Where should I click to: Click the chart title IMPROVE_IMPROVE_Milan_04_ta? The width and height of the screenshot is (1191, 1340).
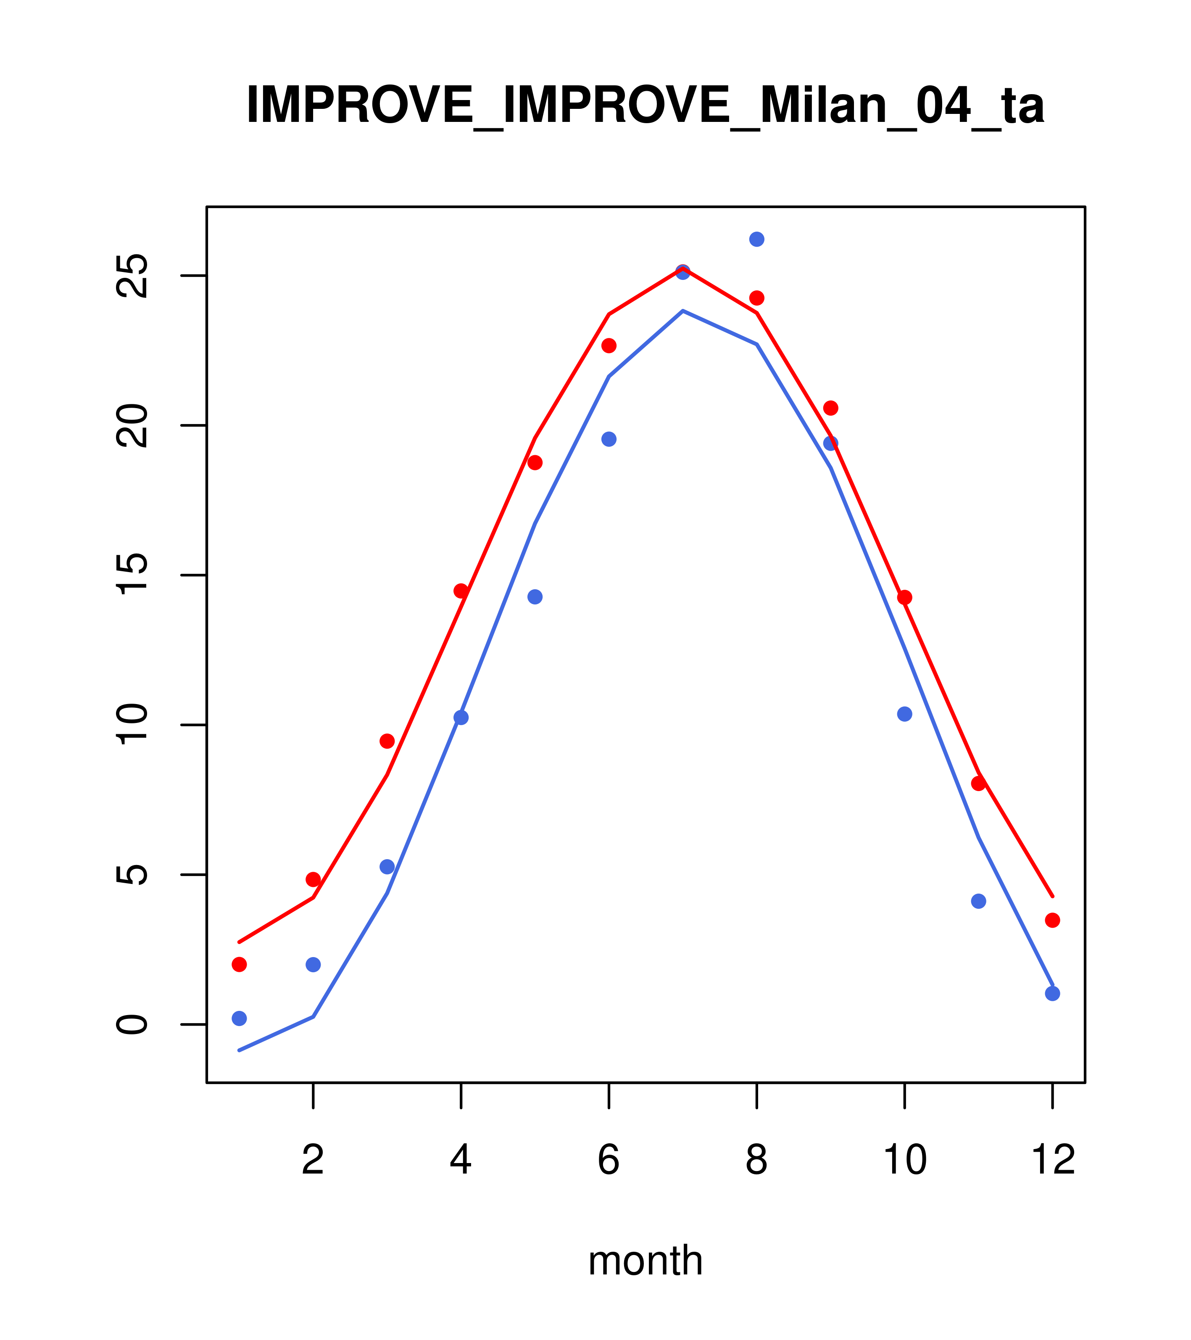tap(645, 106)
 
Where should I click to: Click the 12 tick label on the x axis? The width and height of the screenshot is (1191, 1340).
tap(1053, 1161)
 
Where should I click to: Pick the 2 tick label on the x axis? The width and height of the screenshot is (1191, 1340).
tap(314, 1161)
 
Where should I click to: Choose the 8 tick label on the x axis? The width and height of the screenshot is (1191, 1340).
tap(756, 1161)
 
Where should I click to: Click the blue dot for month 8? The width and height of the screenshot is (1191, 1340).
tap(756, 239)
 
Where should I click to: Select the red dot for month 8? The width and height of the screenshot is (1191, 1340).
tap(756, 298)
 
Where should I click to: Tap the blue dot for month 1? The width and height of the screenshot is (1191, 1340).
tap(239, 1018)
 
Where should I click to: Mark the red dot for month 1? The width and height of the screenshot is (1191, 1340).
tap(239, 964)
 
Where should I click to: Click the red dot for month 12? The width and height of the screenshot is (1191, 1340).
tap(1053, 921)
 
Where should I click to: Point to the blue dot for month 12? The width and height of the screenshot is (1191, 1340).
tap(1053, 993)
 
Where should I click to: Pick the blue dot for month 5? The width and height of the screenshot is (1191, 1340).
tap(535, 596)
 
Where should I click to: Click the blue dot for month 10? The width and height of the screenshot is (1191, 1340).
tap(904, 714)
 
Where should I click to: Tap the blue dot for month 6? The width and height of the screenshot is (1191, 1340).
tap(609, 439)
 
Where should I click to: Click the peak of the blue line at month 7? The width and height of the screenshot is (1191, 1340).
tap(683, 311)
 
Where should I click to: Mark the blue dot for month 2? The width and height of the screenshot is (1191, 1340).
tap(314, 964)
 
